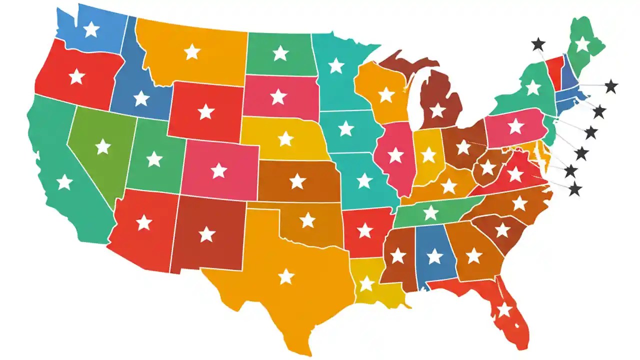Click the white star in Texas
[x=286, y=276]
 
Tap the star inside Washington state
[x=91, y=29]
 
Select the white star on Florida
[x=504, y=310]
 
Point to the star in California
[x=64, y=182]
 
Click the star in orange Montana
[x=192, y=51]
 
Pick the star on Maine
[x=582, y=44]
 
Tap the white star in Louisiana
[x=367, y=283]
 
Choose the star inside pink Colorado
[x=218, y=170]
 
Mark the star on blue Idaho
[x=141, y=98]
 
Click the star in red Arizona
[x=144, y=222]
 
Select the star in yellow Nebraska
[x=285, y=138]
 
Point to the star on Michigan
[x=438, y=110]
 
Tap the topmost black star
[x=538, y=44]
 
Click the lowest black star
[x=575, y=189]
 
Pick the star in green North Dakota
[x=280, y=52]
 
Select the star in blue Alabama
[x=434, y=256]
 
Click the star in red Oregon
[x=76, y=77]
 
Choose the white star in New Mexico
[x=206, y=234]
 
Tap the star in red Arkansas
[x=365, y=230]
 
